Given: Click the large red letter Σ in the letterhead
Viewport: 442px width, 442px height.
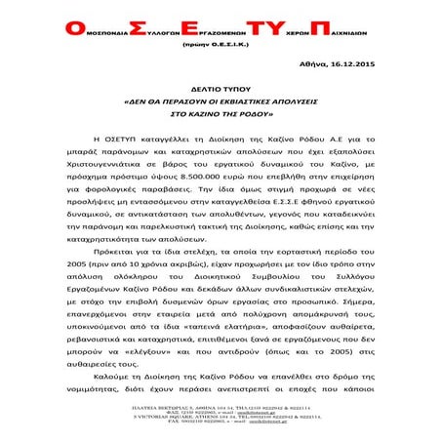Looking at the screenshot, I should point(112,25).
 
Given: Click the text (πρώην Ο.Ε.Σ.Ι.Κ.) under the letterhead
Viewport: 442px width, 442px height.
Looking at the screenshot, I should point(213,44).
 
